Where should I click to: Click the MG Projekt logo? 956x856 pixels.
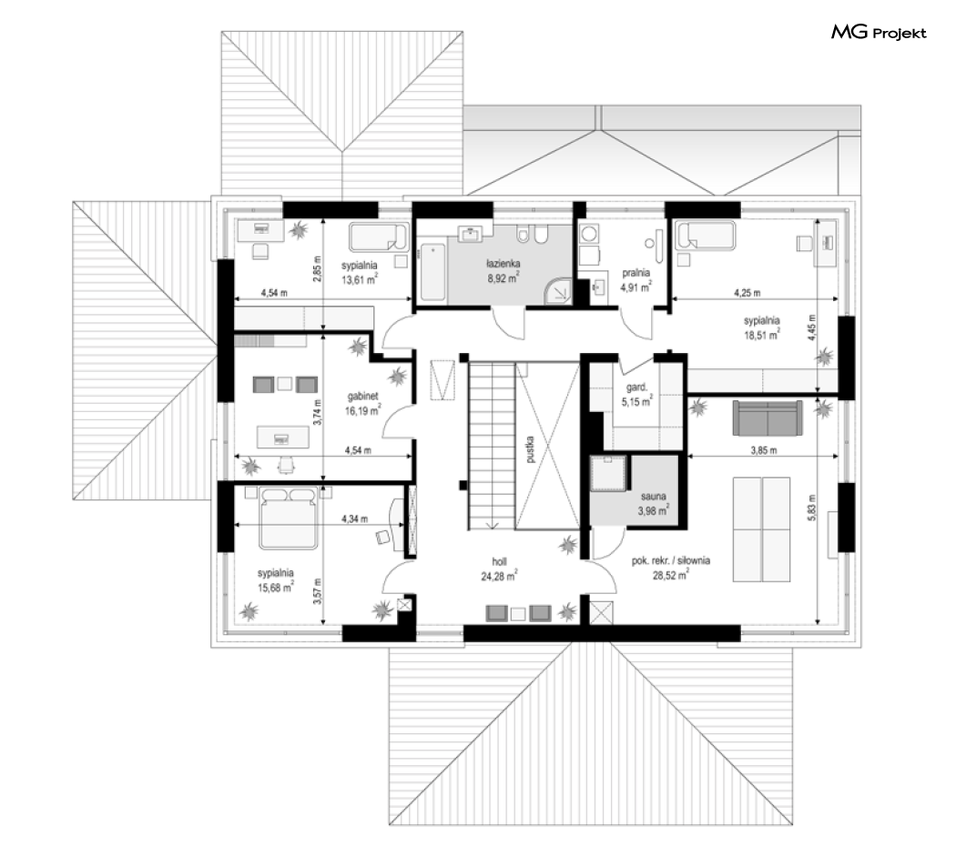tap(879, 32)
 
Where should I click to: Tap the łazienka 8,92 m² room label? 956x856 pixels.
tap(503, 271)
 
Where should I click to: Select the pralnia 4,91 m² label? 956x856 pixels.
tap(636, 280)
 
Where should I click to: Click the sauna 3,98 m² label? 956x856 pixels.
tap(653, 504)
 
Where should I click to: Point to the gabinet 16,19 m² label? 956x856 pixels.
tap(362, 403)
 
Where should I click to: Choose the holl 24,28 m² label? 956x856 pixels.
tap(499, 569)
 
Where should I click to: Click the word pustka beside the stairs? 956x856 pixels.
tap(531, 449)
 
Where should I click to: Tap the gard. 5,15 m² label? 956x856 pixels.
tap(636, 394)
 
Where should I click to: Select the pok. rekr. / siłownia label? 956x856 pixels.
tap(671, 560)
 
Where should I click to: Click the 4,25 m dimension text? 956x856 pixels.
tap(747, 292)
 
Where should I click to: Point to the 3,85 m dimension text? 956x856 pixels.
tap(763, 451)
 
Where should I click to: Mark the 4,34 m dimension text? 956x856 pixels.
tap(354, 519)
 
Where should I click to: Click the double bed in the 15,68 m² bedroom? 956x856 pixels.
tap(288, 518)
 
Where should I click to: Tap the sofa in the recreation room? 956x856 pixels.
tap(768, 418)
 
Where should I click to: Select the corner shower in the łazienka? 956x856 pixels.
tap(558, 291)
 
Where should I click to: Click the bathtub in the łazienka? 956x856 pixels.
tap(432, 272)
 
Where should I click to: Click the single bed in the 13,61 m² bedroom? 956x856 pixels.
tap(379, 237)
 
